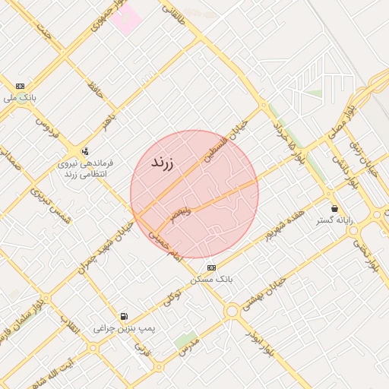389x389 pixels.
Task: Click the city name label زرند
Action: click(x=162, y=163)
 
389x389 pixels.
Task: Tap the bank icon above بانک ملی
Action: click(x=20, y=86)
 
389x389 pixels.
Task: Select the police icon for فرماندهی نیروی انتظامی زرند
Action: click(x=85, y=150)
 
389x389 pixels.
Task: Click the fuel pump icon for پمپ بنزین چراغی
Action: click(x=124, y=316)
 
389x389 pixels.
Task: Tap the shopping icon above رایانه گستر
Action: click(x=334, y=208)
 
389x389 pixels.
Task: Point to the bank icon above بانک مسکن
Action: click(x=210, y=267)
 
